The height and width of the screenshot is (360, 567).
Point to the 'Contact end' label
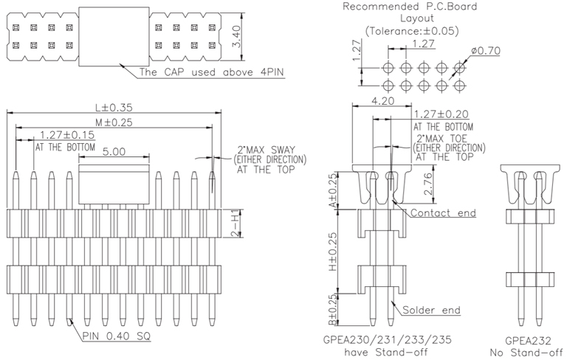443,213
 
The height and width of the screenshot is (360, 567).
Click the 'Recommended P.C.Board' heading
410,7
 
